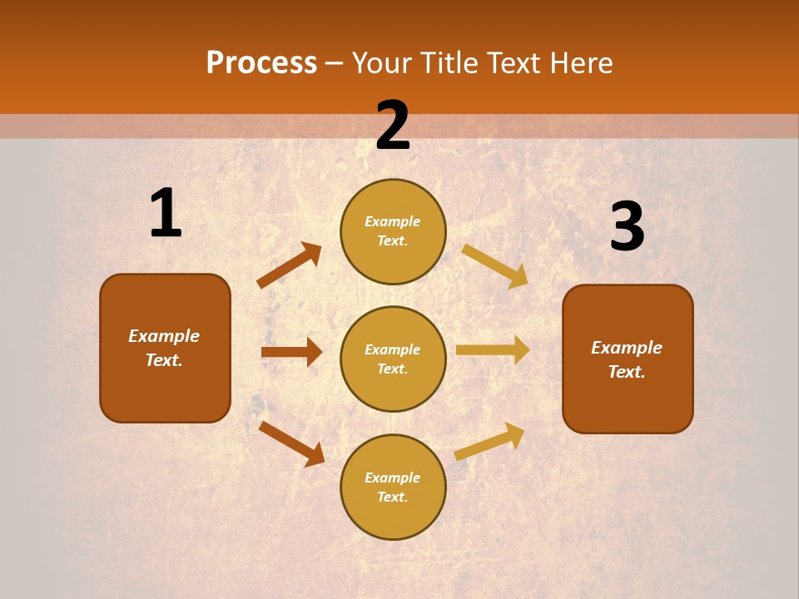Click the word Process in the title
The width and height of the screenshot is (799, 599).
(261, 63)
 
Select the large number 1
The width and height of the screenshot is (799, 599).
(166, 214)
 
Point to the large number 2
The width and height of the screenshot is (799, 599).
(393, 126)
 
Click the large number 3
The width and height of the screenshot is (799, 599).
(628, 227)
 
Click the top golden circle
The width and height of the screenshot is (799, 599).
(393, 231)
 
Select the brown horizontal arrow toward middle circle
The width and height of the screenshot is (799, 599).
(291, 352)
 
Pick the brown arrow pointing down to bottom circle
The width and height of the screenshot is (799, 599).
(291, 443)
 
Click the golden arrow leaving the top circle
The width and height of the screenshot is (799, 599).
(495, 265)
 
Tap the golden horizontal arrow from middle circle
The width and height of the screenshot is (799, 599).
(493, 350)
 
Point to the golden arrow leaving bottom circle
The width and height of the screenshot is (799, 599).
(489, 442)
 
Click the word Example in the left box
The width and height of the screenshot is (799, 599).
(164, 336)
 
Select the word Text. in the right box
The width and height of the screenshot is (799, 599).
(627, 372)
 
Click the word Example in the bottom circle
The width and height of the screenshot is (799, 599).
(392, 478)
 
